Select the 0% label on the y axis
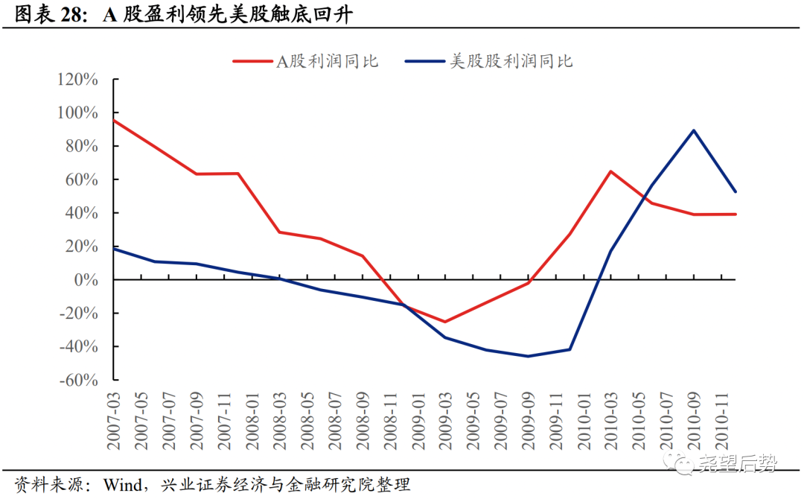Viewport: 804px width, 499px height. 86,280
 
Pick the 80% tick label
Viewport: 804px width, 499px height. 81,147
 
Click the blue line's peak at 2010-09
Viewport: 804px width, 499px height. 694,130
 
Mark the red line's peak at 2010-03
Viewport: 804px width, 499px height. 610,171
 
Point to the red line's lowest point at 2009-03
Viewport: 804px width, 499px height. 445,322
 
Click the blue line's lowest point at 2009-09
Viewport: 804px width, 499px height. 528,356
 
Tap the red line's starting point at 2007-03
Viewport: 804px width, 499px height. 114,120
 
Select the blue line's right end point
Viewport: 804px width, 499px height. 736,191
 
